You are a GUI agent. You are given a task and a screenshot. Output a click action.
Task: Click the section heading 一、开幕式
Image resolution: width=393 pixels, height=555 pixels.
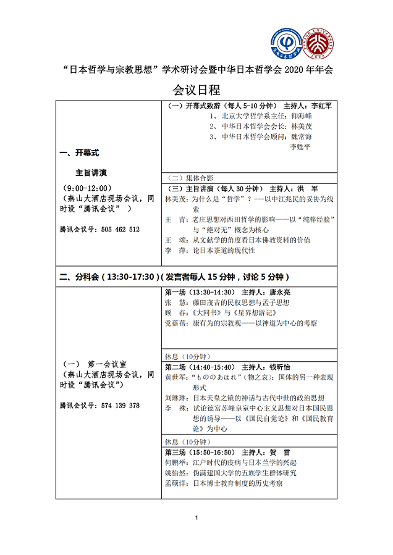[x=78, y=152]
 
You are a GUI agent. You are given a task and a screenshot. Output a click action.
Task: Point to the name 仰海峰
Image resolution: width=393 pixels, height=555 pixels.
[x=301, y=115]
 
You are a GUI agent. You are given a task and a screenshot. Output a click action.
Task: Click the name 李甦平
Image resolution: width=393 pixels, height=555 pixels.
[x=301, y=147]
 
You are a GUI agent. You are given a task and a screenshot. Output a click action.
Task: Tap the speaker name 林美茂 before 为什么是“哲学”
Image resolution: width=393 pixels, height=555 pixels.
[x=175, y=199]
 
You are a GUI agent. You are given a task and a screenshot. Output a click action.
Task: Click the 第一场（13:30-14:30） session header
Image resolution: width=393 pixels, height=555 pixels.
[x=200, y=292]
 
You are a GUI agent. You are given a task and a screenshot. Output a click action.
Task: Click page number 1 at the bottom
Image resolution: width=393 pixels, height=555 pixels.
[x=196, y=533]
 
